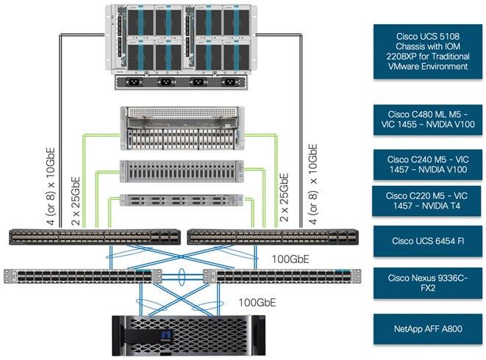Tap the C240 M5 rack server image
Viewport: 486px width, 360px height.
tap(181, 171)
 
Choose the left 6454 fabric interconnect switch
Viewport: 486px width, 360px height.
tap(93, 237)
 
